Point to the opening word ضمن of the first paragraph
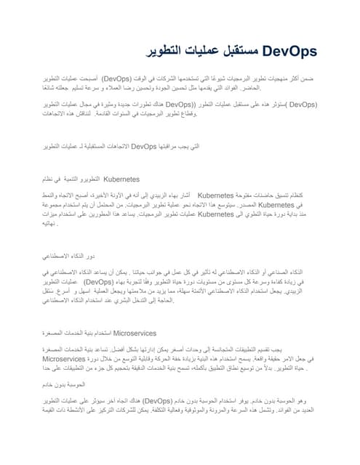[309, 76]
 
